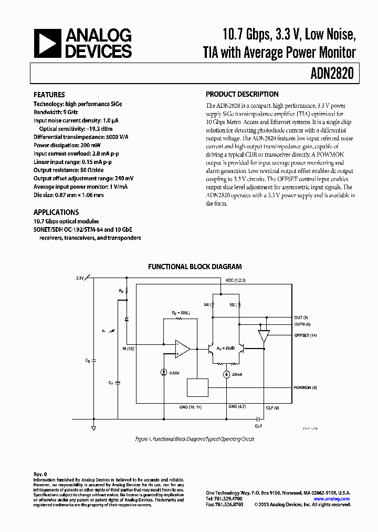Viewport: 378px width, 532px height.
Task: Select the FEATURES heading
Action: click(x=49, y=95)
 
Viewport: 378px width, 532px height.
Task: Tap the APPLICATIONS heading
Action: click(x=56, y=212)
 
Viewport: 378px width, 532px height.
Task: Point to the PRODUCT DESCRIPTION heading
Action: click(x=242, y=95)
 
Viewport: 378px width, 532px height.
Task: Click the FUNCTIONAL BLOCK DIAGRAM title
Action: click(x=194, y=267)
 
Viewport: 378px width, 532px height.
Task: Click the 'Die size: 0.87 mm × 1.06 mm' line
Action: click(x=68, y=195)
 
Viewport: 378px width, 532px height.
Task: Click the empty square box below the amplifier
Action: click(x=197, y=387)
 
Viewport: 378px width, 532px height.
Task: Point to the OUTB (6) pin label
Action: click(x=302, y=324)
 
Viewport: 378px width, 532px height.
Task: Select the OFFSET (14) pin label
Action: click(x=306, y=335)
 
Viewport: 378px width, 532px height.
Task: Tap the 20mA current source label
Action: click(x=237, y=375)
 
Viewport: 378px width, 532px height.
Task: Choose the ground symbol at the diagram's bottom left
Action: click(x=93, y=427)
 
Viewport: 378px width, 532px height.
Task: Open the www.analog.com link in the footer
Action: click(x=332, y=498)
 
